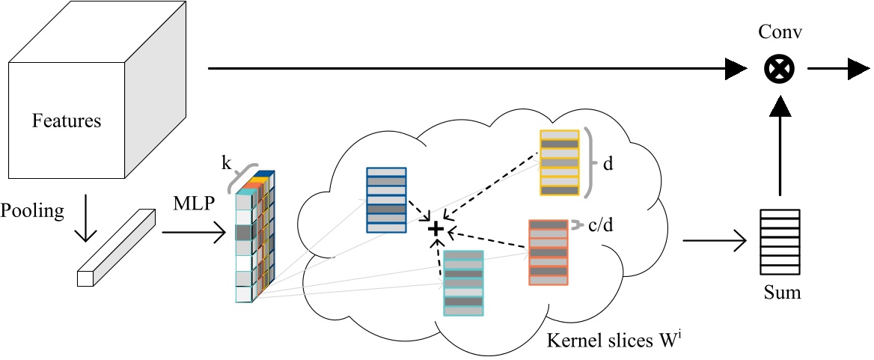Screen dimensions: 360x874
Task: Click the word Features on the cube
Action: pos(66,120)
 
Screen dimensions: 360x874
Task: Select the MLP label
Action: pos(192,204)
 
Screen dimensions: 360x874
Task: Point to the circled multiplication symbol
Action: pos(777,70)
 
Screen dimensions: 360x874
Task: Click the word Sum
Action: pos(782,292)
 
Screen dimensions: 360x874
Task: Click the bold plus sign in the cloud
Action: pos(436,228)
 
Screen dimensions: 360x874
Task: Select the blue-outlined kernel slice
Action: pos(386,200)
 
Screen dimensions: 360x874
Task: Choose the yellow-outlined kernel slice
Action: pos(560,162)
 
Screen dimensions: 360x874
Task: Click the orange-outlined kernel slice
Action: pos(548,252)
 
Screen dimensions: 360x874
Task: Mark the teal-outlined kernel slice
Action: pos(463,281)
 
